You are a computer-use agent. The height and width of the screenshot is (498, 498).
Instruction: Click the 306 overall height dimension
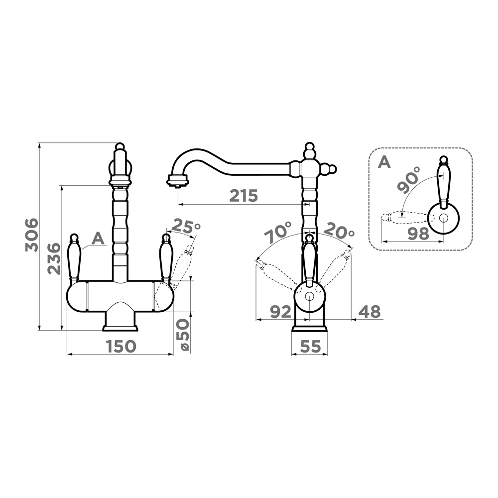click(32, 235)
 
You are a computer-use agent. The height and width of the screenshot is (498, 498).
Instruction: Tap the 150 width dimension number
click(121, 346)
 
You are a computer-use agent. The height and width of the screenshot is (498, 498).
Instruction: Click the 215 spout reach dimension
click(244, 196)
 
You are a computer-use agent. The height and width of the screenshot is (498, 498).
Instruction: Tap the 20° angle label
click(340, 232)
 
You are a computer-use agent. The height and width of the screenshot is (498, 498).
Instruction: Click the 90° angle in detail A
click(409, 180)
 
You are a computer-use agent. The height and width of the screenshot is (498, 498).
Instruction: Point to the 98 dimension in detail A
click(418, 234)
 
